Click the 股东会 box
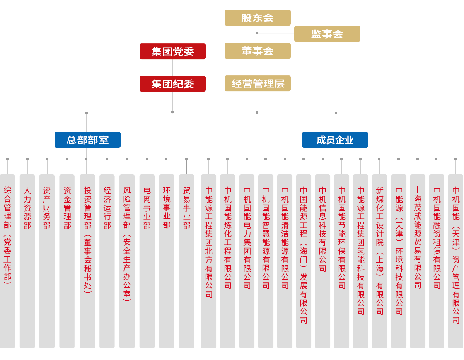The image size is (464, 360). tap(257, 17)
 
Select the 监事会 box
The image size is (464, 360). tap(327, 34)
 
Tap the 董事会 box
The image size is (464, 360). tap(257, 51)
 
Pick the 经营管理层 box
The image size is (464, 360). tap(257, 83)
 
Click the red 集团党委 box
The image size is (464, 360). tap(172, 51)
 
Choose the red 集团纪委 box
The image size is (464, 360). tap(172, 84)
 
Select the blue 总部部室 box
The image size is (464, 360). tap(87, 140)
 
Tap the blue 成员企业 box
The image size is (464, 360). tap(335, 140)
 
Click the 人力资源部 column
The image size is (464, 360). tap(27, 261)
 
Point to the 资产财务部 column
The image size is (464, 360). tap(47, 261)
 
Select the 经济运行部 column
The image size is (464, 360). tap(107, 261)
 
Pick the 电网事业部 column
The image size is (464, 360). tap(147, 261)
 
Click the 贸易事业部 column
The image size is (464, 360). tap(186, 261)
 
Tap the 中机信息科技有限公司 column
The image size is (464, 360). tap(322, 261)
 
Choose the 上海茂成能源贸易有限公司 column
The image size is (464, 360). tap(418, 261)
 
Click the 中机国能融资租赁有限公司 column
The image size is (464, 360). tap(437, 261)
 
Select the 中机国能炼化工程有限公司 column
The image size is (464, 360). tap(227, 261)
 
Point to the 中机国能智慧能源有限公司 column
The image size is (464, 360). tap(266, 261)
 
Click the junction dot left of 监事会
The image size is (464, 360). tap(257, 33)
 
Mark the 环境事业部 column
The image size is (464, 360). tap(167, 261)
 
